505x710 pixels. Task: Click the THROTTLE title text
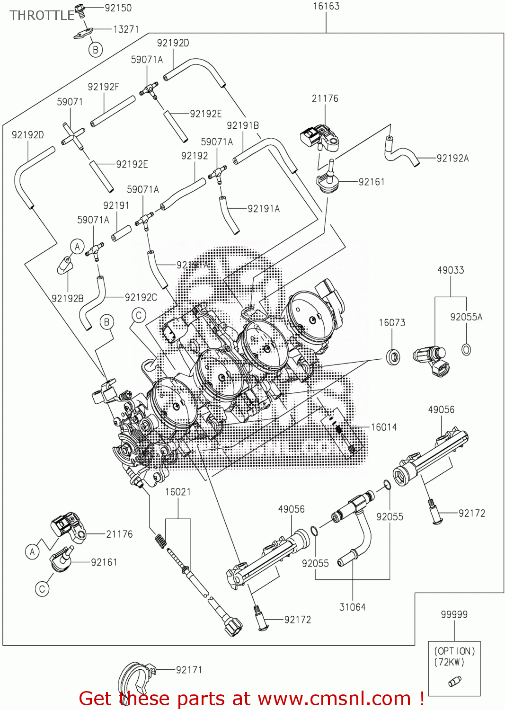[42, 16]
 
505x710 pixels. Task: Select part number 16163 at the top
[326, 6]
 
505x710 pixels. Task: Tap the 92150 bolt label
[118, 8]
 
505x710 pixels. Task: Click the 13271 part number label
[126, 29]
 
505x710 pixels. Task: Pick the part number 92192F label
[103, 87]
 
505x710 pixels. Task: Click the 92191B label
[243, 125]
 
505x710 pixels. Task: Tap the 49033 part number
[451, 270]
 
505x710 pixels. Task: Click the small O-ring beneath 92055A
[466, 350]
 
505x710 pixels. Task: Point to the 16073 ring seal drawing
[393, 356]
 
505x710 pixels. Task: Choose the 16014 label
[383, 427]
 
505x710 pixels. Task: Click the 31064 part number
[353, 607]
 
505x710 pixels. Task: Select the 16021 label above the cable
[178, 492]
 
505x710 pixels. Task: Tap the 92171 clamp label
[189, 670]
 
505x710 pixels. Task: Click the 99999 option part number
[454, 614]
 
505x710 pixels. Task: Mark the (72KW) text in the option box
[449, 662]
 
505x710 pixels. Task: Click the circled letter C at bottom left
[42, 589]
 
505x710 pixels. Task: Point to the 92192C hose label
[141, 297]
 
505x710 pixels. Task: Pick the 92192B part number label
[68, 298]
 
